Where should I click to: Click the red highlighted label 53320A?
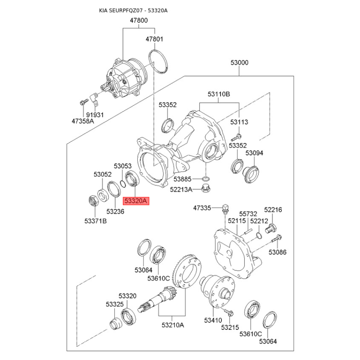[x=136, y=201]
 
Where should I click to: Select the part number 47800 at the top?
[x=139, y=20]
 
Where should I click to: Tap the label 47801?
[x=154, y=39]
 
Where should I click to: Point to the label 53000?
[x=239, y=63]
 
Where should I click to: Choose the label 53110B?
[x=219, y=94]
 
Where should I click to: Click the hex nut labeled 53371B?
[x=94, y=200]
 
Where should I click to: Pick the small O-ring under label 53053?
[x=122, y=183]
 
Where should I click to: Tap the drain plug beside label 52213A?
[x=206, y=188]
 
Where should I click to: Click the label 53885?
[x=183, y=179]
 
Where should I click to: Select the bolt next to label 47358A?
[x=84, y=102]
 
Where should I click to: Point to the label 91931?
[x=95, y=115]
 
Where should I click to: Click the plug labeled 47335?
[x=225, y=208]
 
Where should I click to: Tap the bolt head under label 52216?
[x=271, y=228]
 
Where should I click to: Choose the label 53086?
[x=278, y=252]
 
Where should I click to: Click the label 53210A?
[x=173, y=325]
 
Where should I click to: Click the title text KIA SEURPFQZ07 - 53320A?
[x=133, y=10]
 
